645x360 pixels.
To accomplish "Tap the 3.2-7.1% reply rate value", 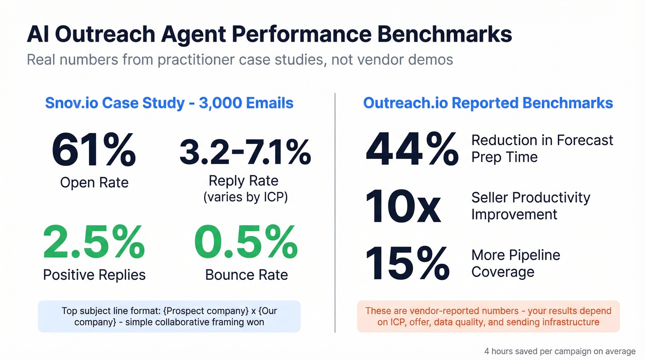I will [x=245, y=152].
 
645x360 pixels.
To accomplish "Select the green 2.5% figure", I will [x=94, y=242].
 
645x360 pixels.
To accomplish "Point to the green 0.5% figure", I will [x=246, y=242].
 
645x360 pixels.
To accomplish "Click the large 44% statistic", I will [x=412, y=149].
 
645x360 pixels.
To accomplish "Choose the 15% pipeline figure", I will [x=407, y=264].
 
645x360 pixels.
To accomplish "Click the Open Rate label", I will [x=94, y=183].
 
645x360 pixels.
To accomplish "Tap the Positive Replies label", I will [x=94, y=275].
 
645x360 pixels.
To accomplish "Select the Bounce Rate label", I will [x=246, y=275].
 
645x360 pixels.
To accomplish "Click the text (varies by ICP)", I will [x=246, y=197].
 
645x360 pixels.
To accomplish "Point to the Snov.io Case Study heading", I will [x=169, y=102].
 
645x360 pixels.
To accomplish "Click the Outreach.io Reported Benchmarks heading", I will [x=488, y=102].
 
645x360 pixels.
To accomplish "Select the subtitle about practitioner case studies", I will [x=240, y=60].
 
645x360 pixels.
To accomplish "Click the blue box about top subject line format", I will [x=169, y=316].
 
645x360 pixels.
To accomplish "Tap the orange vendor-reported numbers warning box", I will [x=488, y=316].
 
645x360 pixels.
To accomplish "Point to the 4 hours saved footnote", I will [x=559, y=351].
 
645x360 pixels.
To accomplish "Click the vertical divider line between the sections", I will [x=335, y=212].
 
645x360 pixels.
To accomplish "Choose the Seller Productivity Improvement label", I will [x=530, y=206].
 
